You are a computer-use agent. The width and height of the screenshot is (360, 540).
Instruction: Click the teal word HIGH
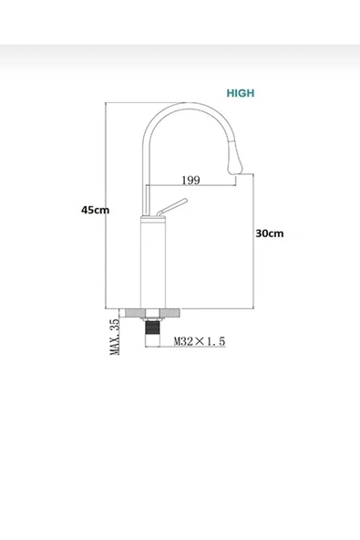coord(241,93)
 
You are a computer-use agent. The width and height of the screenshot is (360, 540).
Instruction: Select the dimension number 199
coord(191,180)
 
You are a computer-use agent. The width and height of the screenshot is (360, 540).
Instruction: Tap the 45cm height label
coord(95,209)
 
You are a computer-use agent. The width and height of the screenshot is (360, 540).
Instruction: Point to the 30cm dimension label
coord(269,233)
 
